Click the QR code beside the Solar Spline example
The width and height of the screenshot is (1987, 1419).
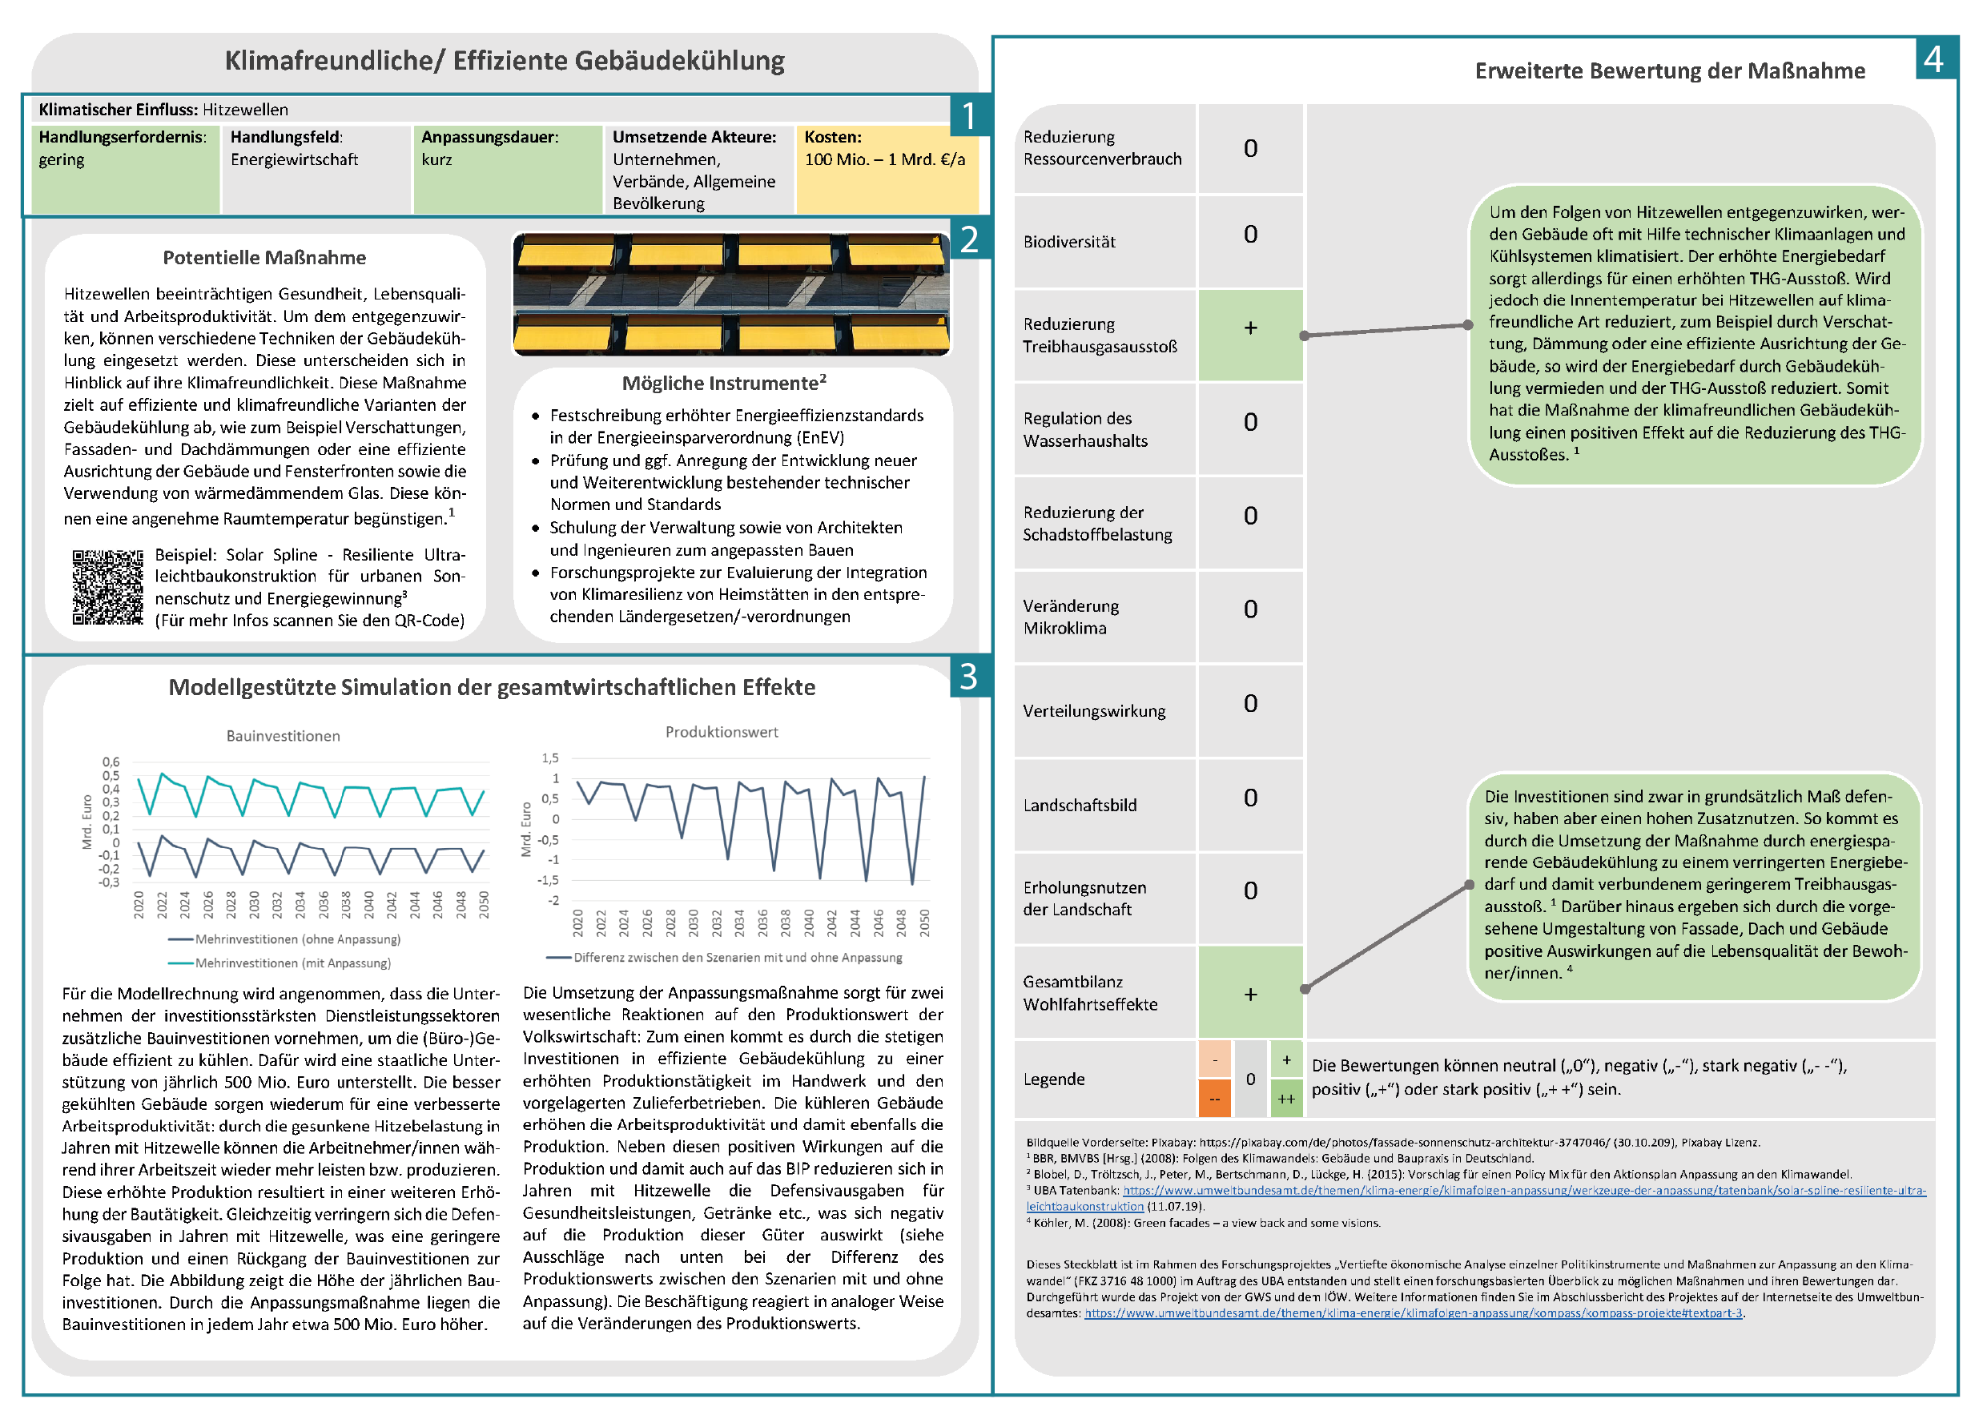click(x=107, y=587)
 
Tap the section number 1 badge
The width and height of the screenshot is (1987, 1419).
click(x=969, y=116)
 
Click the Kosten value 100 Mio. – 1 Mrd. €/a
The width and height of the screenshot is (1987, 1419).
click(x=884, y=160)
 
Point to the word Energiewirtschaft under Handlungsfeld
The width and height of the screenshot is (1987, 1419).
click(x=295, y=160)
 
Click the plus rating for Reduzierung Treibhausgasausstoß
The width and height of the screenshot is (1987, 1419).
click(x=1250, y=328)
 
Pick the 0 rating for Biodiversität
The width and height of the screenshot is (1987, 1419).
click(x=1250, y=234)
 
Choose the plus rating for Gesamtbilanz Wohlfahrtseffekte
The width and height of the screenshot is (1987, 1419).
click(x=1250, y=995)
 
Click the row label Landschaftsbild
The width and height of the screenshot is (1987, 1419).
click(x=1080, y=806)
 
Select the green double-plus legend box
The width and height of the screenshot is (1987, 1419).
click(x=1286, y=1099)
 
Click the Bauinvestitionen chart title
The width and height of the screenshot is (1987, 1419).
click(x=283, y=737)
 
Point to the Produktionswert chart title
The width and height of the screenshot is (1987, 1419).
click(x=722, y=732)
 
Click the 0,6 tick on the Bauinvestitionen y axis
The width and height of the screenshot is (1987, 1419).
click(x=111, y=762)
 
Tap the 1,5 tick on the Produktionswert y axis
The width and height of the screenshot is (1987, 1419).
click(x=549, y=758)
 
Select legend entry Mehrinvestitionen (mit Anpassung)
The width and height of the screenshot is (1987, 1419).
click(x=292, y=963)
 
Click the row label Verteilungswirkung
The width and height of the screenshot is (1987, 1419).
click(x=1094, y=711)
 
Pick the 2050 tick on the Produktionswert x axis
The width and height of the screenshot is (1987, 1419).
click(x=924, y=923)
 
